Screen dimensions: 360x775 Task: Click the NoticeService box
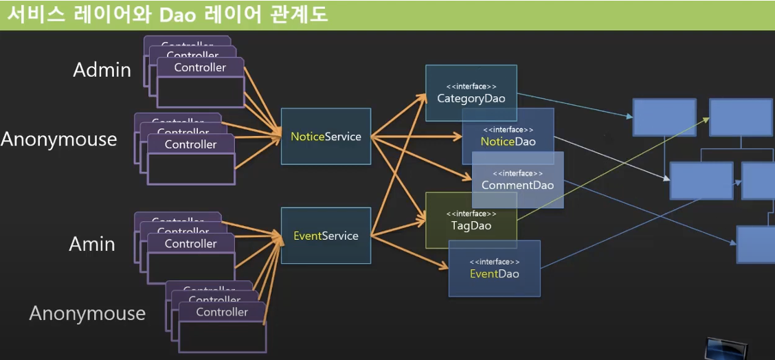pos(326,137)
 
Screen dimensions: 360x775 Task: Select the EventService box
pos(326,236)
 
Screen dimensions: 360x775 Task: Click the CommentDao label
pos(517,185)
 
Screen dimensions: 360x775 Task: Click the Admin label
pos(102,69)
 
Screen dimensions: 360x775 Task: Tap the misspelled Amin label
pos(91,244)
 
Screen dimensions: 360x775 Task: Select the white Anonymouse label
pos(59,139)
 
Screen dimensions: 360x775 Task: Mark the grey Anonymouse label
pos(87,314)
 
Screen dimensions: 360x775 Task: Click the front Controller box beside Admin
pos(200,82)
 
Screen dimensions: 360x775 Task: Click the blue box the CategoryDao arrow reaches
pos(664,117)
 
